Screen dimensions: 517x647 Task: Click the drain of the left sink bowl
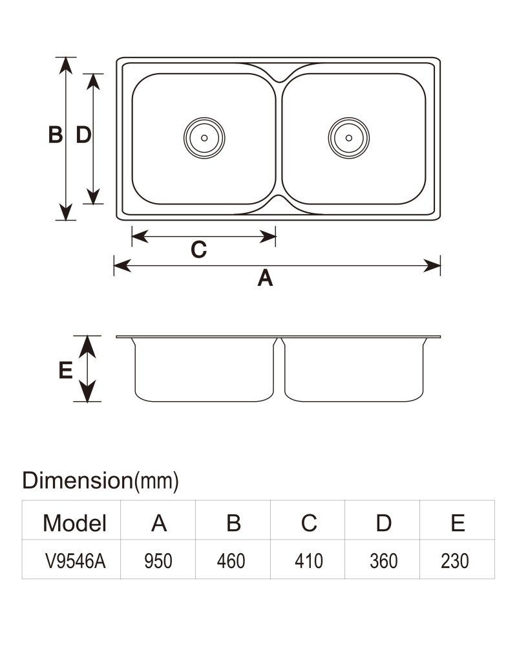click(x=204, y=138)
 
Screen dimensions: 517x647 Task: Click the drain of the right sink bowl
click(x=349, y=138)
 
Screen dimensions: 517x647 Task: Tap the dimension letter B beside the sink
click(x=56, y=135)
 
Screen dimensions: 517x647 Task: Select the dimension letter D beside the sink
click(x=84, y=135)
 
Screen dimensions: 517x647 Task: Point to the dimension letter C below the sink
click(x=198, y=250)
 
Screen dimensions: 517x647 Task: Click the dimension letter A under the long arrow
click(x=265, y=278)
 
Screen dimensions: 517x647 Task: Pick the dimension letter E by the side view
click(x=65, y=369)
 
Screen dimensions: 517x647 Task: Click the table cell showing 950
click(x=158, y=561)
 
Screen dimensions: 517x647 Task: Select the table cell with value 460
click(x=231, y=561)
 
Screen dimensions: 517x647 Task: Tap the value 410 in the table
click(x=308, y=561)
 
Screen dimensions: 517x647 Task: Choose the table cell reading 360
click(x=383, y=561)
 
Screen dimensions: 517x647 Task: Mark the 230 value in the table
click(x=455, y=561)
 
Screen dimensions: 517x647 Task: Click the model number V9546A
click(x=76, y=561)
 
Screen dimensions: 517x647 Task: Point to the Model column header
click(x=74, y=523)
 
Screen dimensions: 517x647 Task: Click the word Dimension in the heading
click(x=77, y=480)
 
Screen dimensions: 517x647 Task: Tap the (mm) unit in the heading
click(x=156, y=481)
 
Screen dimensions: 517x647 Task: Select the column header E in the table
click(x=458, y=523)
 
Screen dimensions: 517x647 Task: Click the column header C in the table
click(x=309, y=523)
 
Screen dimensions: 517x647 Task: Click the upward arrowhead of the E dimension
click(x=87, y=347)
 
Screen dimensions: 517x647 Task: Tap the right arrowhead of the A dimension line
click(x=432, y=266)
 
